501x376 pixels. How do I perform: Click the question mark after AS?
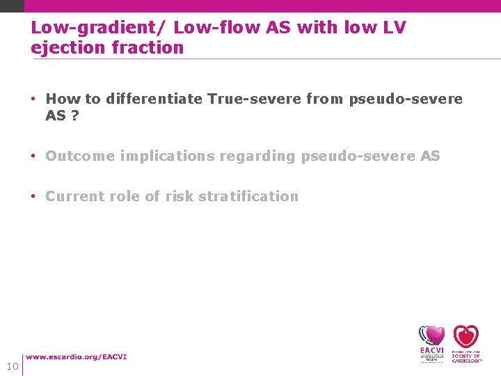[75, 116]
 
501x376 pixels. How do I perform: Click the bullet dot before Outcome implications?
[34, 156]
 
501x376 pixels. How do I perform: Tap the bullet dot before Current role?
[34, 196]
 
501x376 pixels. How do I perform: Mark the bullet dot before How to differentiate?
[34, 99]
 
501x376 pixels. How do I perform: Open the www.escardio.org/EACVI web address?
[77, 357]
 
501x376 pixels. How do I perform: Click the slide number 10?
[12, 366]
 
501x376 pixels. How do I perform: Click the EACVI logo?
[431, 343]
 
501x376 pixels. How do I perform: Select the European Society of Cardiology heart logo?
[466, 343]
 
